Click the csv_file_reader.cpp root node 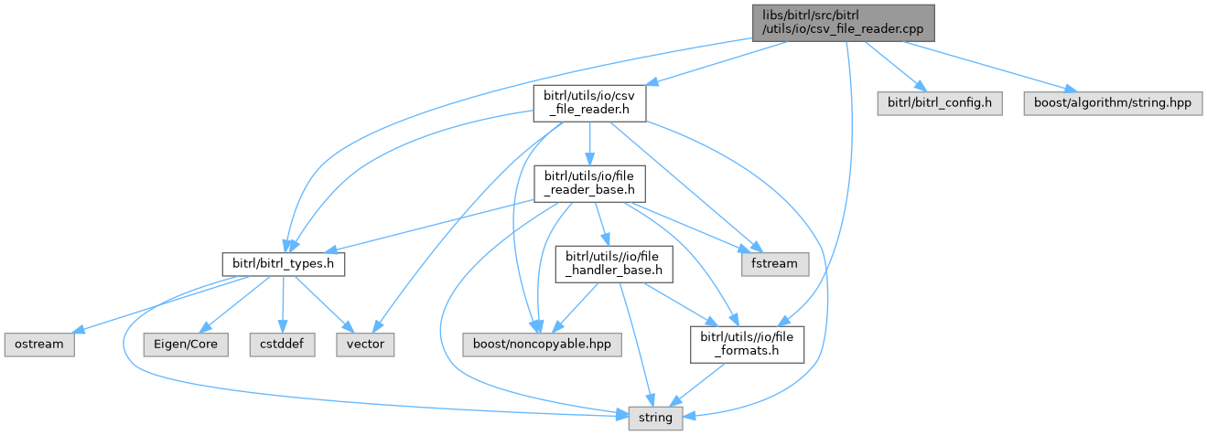[x=843, y=22]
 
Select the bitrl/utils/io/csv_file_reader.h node [x=590, y=104]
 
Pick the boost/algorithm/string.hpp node [x=1106, y=104]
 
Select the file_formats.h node [x=747, y=345]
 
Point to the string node [x=654, y=419]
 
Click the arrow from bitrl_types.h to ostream [x=156, y=307]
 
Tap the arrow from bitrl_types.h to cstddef [x=284, y=305]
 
